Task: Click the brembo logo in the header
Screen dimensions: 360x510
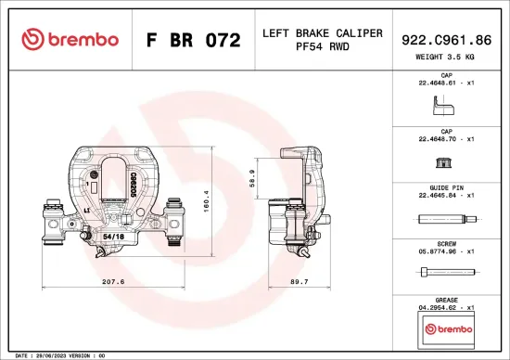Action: coord(70,40)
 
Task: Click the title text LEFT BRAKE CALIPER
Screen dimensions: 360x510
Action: coord(322,32)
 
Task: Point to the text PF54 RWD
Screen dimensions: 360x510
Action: coord(322,46)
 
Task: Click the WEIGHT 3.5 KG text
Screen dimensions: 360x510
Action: coord(447,57)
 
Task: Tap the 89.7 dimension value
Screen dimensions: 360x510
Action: coord(300,281)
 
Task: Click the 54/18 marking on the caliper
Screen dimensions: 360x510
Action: coord(113,238)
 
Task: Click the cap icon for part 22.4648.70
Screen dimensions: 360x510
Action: coord(446,164)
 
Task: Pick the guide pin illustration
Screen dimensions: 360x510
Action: coord(446,220)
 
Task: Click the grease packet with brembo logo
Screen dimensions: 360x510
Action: coord(446,328)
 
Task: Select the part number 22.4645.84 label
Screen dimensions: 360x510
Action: coord(446,196)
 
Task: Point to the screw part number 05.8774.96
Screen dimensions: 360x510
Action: coord(446,250)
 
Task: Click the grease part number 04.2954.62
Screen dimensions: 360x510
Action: coord(446,306)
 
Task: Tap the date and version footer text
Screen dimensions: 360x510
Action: coord(56,355)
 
